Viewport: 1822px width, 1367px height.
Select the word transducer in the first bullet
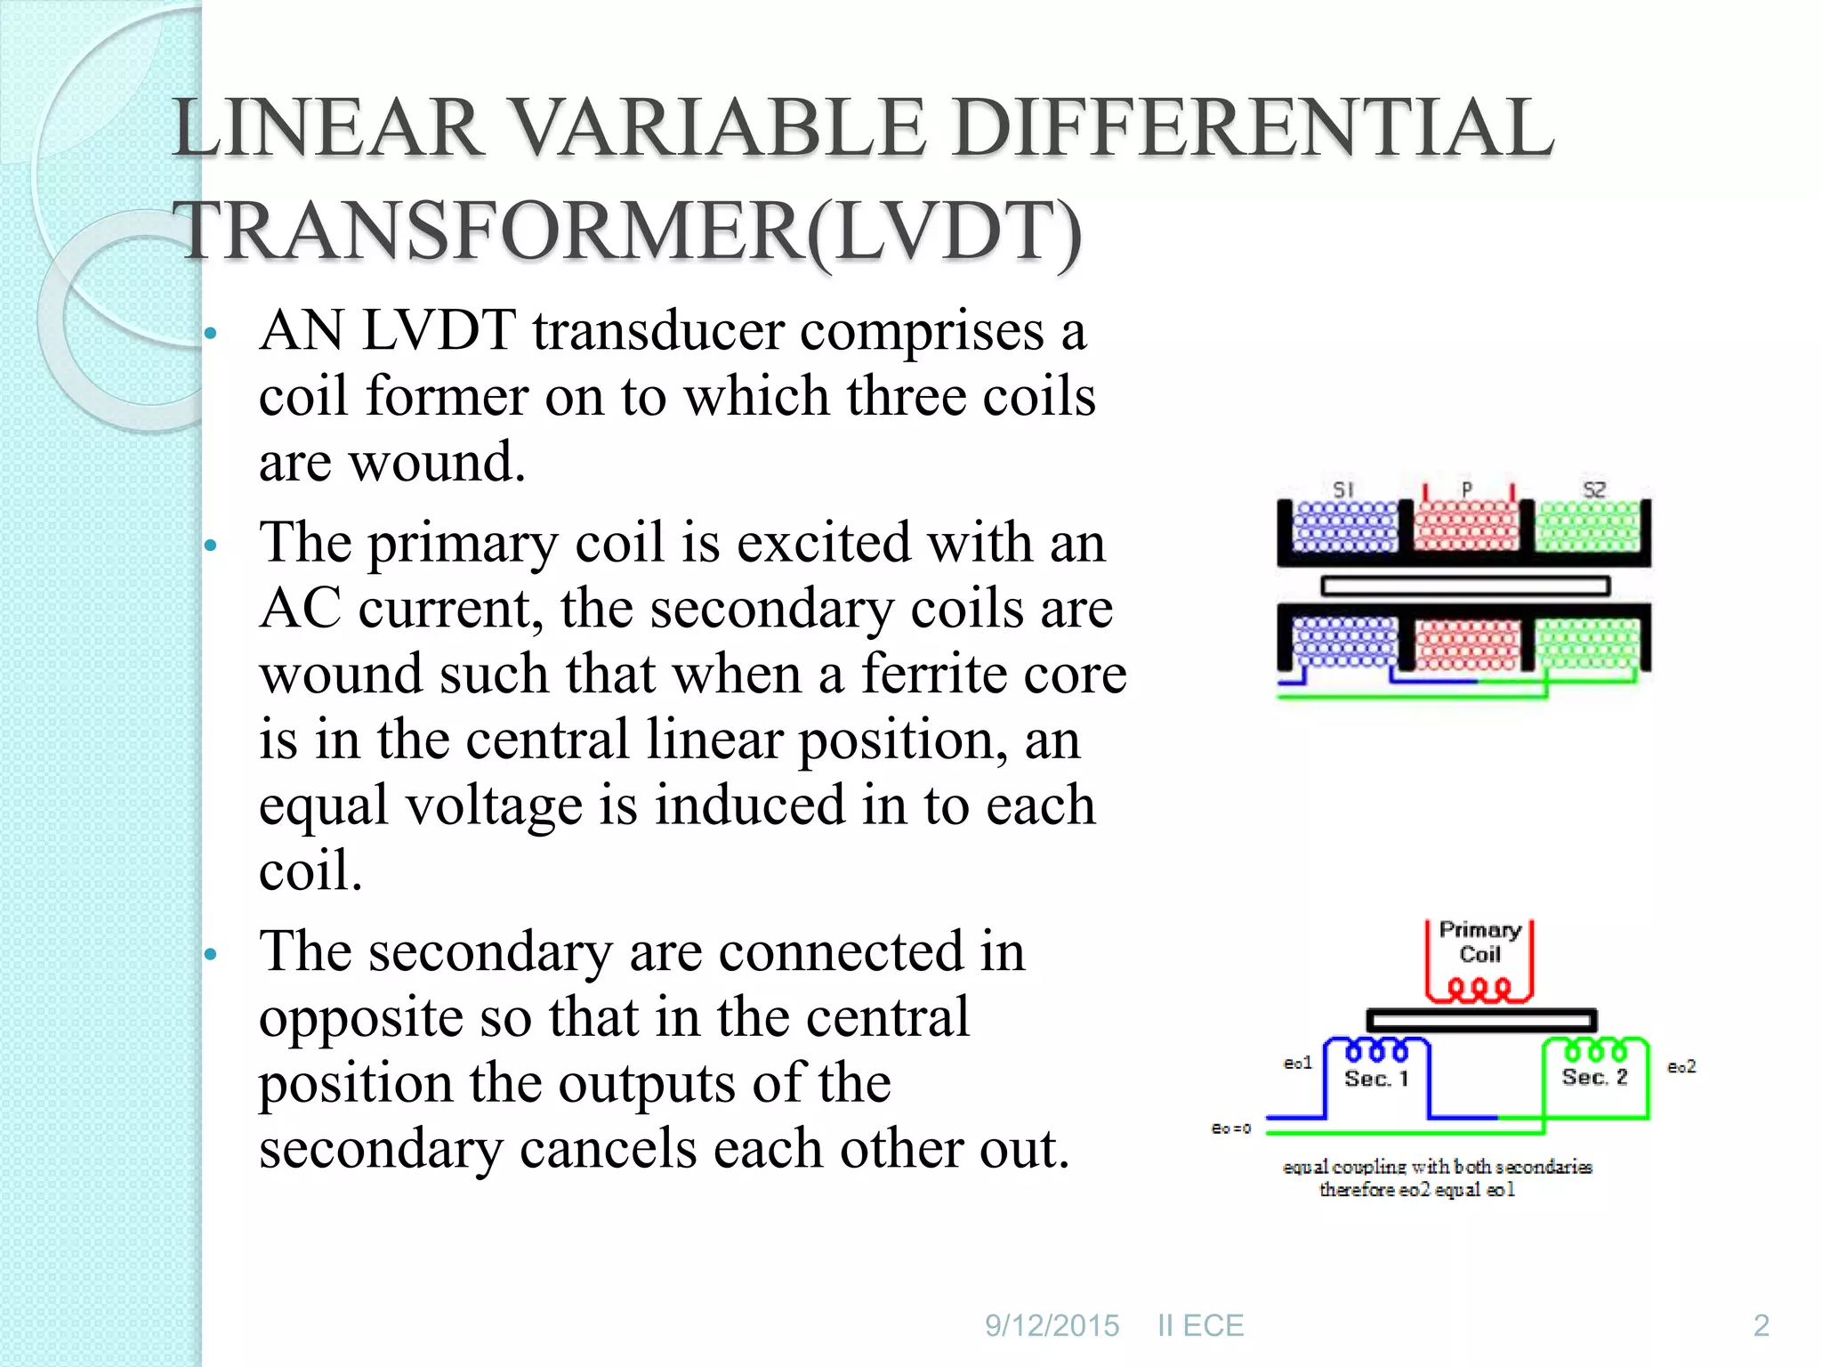point(658,331)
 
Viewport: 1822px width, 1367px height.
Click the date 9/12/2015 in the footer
point(1052,1326)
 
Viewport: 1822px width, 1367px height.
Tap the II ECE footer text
point(1200,1326)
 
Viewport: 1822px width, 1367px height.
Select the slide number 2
point(1761,1326)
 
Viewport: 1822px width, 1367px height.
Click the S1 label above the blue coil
point(1342,489)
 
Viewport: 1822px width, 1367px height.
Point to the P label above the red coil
point(1467,489)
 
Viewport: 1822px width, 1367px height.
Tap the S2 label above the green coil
point(1593,489)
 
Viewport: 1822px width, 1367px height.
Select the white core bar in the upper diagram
point(1465,586)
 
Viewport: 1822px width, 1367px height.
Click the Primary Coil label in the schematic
point(1479,942)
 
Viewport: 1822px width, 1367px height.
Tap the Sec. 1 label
point(1376,1080)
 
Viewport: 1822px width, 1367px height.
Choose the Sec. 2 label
point(1594,1078)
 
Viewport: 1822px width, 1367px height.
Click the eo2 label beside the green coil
point(1681,1066)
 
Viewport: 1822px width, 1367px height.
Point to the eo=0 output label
point(1231,1128)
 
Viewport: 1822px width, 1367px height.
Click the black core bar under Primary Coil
point(1481,1020)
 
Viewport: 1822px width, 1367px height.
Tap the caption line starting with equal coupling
point(1437,1167)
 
